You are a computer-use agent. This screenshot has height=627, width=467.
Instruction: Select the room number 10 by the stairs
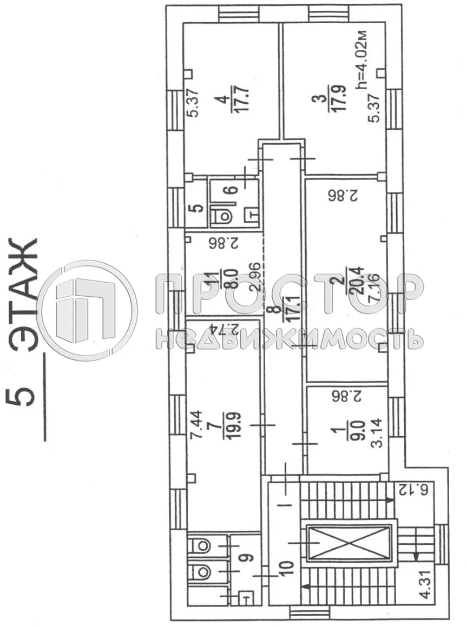tap(287, 567)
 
